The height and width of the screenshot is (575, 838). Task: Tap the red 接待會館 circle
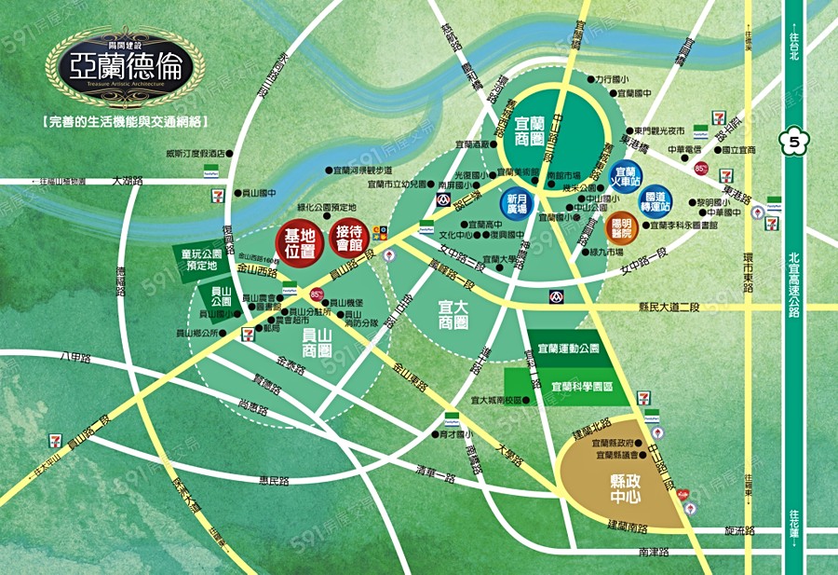[x=349, y=240]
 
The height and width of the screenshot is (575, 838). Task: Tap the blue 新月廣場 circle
[x=517, y=204]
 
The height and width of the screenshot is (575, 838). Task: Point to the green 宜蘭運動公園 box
[x=569, y=348]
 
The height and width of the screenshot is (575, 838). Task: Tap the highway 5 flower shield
[x=793, y=143]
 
